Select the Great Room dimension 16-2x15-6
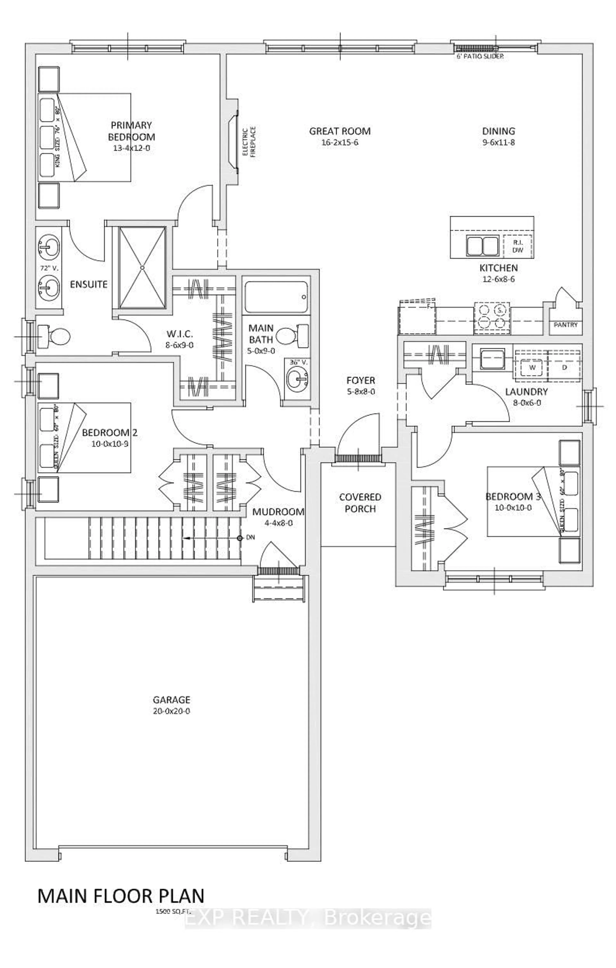coord(340,142)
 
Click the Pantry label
coord(565,325)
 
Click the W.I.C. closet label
coord(180,334)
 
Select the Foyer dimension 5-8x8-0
coord(361,391)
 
